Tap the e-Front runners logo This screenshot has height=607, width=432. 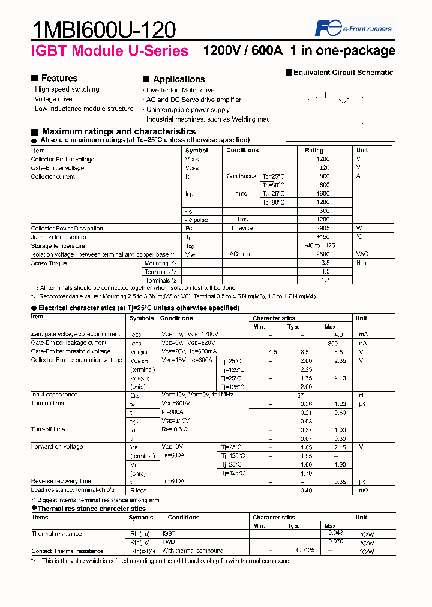click(x=353, y=28)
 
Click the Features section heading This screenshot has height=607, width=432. click(x=59, y=78)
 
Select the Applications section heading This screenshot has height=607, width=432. click(x=179, y=79)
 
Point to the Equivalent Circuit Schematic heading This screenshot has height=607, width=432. click(x=343, y=73)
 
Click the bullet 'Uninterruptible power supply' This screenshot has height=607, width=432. click(x=188, y=110)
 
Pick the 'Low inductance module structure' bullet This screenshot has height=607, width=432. click(x=83, y=109)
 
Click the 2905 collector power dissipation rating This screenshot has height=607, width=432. click(x=322, y=229)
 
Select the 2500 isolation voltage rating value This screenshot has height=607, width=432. click(x=322, y=254)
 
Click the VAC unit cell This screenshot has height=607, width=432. click(x=362, y=254)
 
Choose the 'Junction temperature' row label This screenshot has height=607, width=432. click(x=58, y=237)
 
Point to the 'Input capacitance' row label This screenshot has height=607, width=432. click(x=54, y=395)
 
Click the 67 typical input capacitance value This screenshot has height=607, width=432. click(x=301, y=395)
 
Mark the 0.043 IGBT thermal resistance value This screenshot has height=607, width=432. click(x=336, y=533)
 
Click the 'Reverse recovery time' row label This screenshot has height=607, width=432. click(x=61, y=482)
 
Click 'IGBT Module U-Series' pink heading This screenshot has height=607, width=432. click(x=109, y=51)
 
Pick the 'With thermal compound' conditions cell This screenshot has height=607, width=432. click(x=192, y=551)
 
